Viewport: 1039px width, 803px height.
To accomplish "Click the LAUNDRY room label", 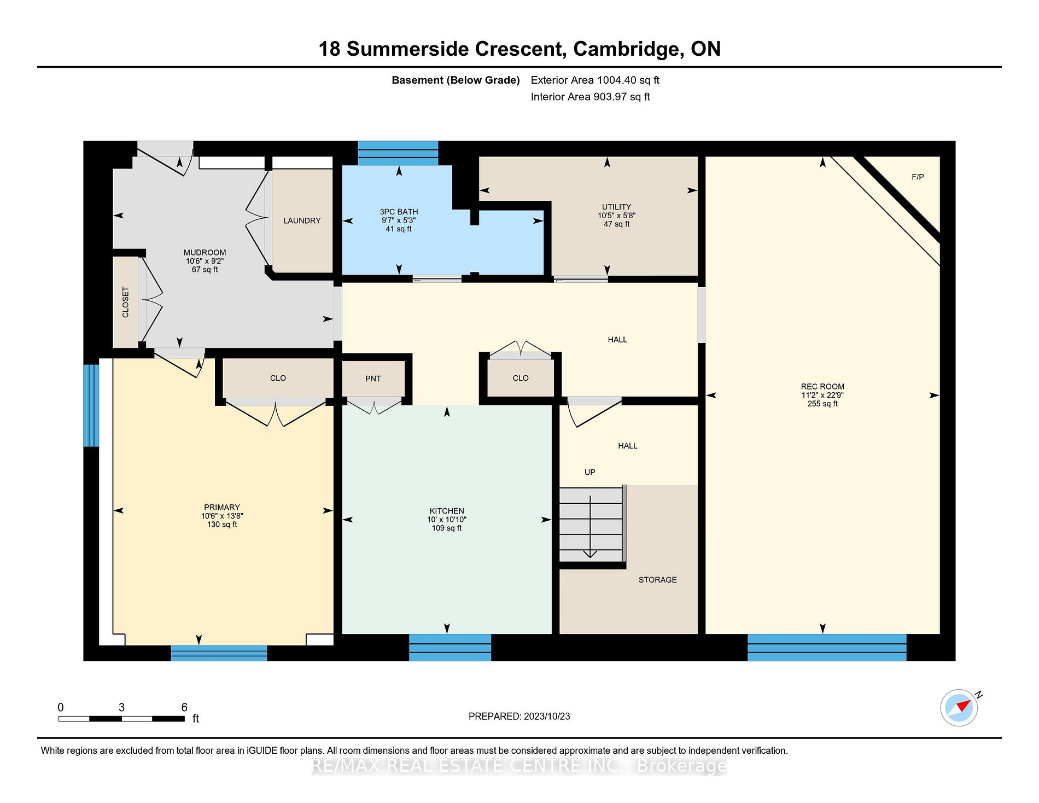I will point(302,220).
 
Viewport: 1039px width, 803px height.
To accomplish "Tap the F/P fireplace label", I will point(918,177).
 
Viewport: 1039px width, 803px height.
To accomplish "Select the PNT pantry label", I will point(373,379).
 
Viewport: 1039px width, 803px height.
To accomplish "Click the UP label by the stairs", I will point(589,472).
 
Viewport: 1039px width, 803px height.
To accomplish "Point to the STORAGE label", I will point(657,580).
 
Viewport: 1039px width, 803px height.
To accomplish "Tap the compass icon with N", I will point(960,708).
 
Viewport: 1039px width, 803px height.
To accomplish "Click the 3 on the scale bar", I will point(121,707).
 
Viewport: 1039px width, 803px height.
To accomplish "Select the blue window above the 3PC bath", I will point(398,153).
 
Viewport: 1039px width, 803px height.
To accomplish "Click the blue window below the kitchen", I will point(450,647).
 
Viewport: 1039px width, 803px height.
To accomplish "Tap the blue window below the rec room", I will point(826,647).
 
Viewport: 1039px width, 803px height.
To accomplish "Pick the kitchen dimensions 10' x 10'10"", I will point(447,520).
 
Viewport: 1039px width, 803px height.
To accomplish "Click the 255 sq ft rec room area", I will point(822,404).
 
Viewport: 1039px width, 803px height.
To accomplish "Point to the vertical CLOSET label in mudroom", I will point(126,302).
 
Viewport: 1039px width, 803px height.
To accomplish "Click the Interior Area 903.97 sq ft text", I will point(590,97).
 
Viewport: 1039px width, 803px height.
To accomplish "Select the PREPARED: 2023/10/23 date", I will point(519,716).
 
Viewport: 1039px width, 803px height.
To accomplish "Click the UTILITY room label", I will point(616,207).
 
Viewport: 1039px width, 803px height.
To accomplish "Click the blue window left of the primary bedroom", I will point(91,405).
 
